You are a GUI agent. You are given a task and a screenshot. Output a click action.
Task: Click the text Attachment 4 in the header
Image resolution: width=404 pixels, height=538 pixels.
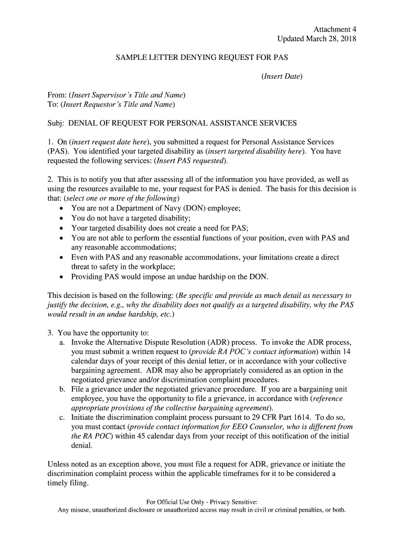pyautogui.click(x=335, y=29)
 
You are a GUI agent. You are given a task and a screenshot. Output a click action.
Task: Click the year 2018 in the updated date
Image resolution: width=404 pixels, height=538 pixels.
pyautogui.click(x=347, y=39)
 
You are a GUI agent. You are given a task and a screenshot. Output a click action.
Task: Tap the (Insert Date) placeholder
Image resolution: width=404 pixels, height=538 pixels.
pyautogui.click(x=282, y=76)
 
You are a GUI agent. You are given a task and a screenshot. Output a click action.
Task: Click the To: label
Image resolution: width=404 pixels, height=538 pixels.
pyautogui.click(x=53, y=105)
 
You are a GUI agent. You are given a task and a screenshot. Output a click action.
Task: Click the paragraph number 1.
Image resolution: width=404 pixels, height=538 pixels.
pyautogui.click(x=50, y=142)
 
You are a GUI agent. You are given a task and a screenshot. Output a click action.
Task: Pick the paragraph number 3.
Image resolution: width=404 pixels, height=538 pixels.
pyautogui.click(x=50, y=333)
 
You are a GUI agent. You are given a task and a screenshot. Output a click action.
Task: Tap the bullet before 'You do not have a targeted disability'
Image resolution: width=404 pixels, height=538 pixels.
pyautogui.click(x=62, y=219)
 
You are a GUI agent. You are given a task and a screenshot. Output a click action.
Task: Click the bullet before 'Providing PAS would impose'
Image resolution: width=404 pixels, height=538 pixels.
pyautogui.click(x=62, y=276)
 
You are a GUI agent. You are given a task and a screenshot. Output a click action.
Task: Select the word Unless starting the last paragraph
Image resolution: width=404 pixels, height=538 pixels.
pyautogui.click(x=59, y=464)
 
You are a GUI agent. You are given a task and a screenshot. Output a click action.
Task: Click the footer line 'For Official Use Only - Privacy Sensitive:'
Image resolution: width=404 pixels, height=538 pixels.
pyautogui.click(x=202, y=502)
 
